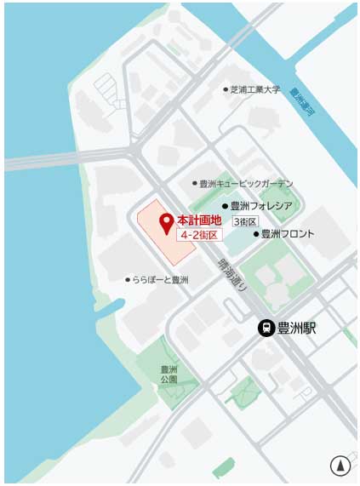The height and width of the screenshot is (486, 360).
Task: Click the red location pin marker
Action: pos(166,223)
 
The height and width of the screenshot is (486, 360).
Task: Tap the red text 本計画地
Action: pos(199,220)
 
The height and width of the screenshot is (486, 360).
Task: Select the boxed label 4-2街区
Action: pos(198,234)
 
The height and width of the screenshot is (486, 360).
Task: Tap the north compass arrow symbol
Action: pos(340,466)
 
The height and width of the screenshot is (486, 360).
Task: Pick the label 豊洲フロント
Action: pos(288,233)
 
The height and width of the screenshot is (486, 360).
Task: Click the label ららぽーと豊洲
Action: pos(161,279)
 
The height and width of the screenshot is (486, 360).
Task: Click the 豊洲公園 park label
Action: pos(169,375)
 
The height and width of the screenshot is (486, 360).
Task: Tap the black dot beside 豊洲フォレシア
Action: pos(226,205)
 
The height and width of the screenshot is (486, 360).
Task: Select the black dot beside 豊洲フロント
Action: pos(255,233)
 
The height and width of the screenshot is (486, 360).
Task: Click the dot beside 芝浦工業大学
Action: pos(226,89)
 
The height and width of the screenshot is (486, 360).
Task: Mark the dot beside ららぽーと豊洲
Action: pos(128,279)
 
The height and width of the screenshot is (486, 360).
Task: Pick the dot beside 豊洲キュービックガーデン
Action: pos(195,183)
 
